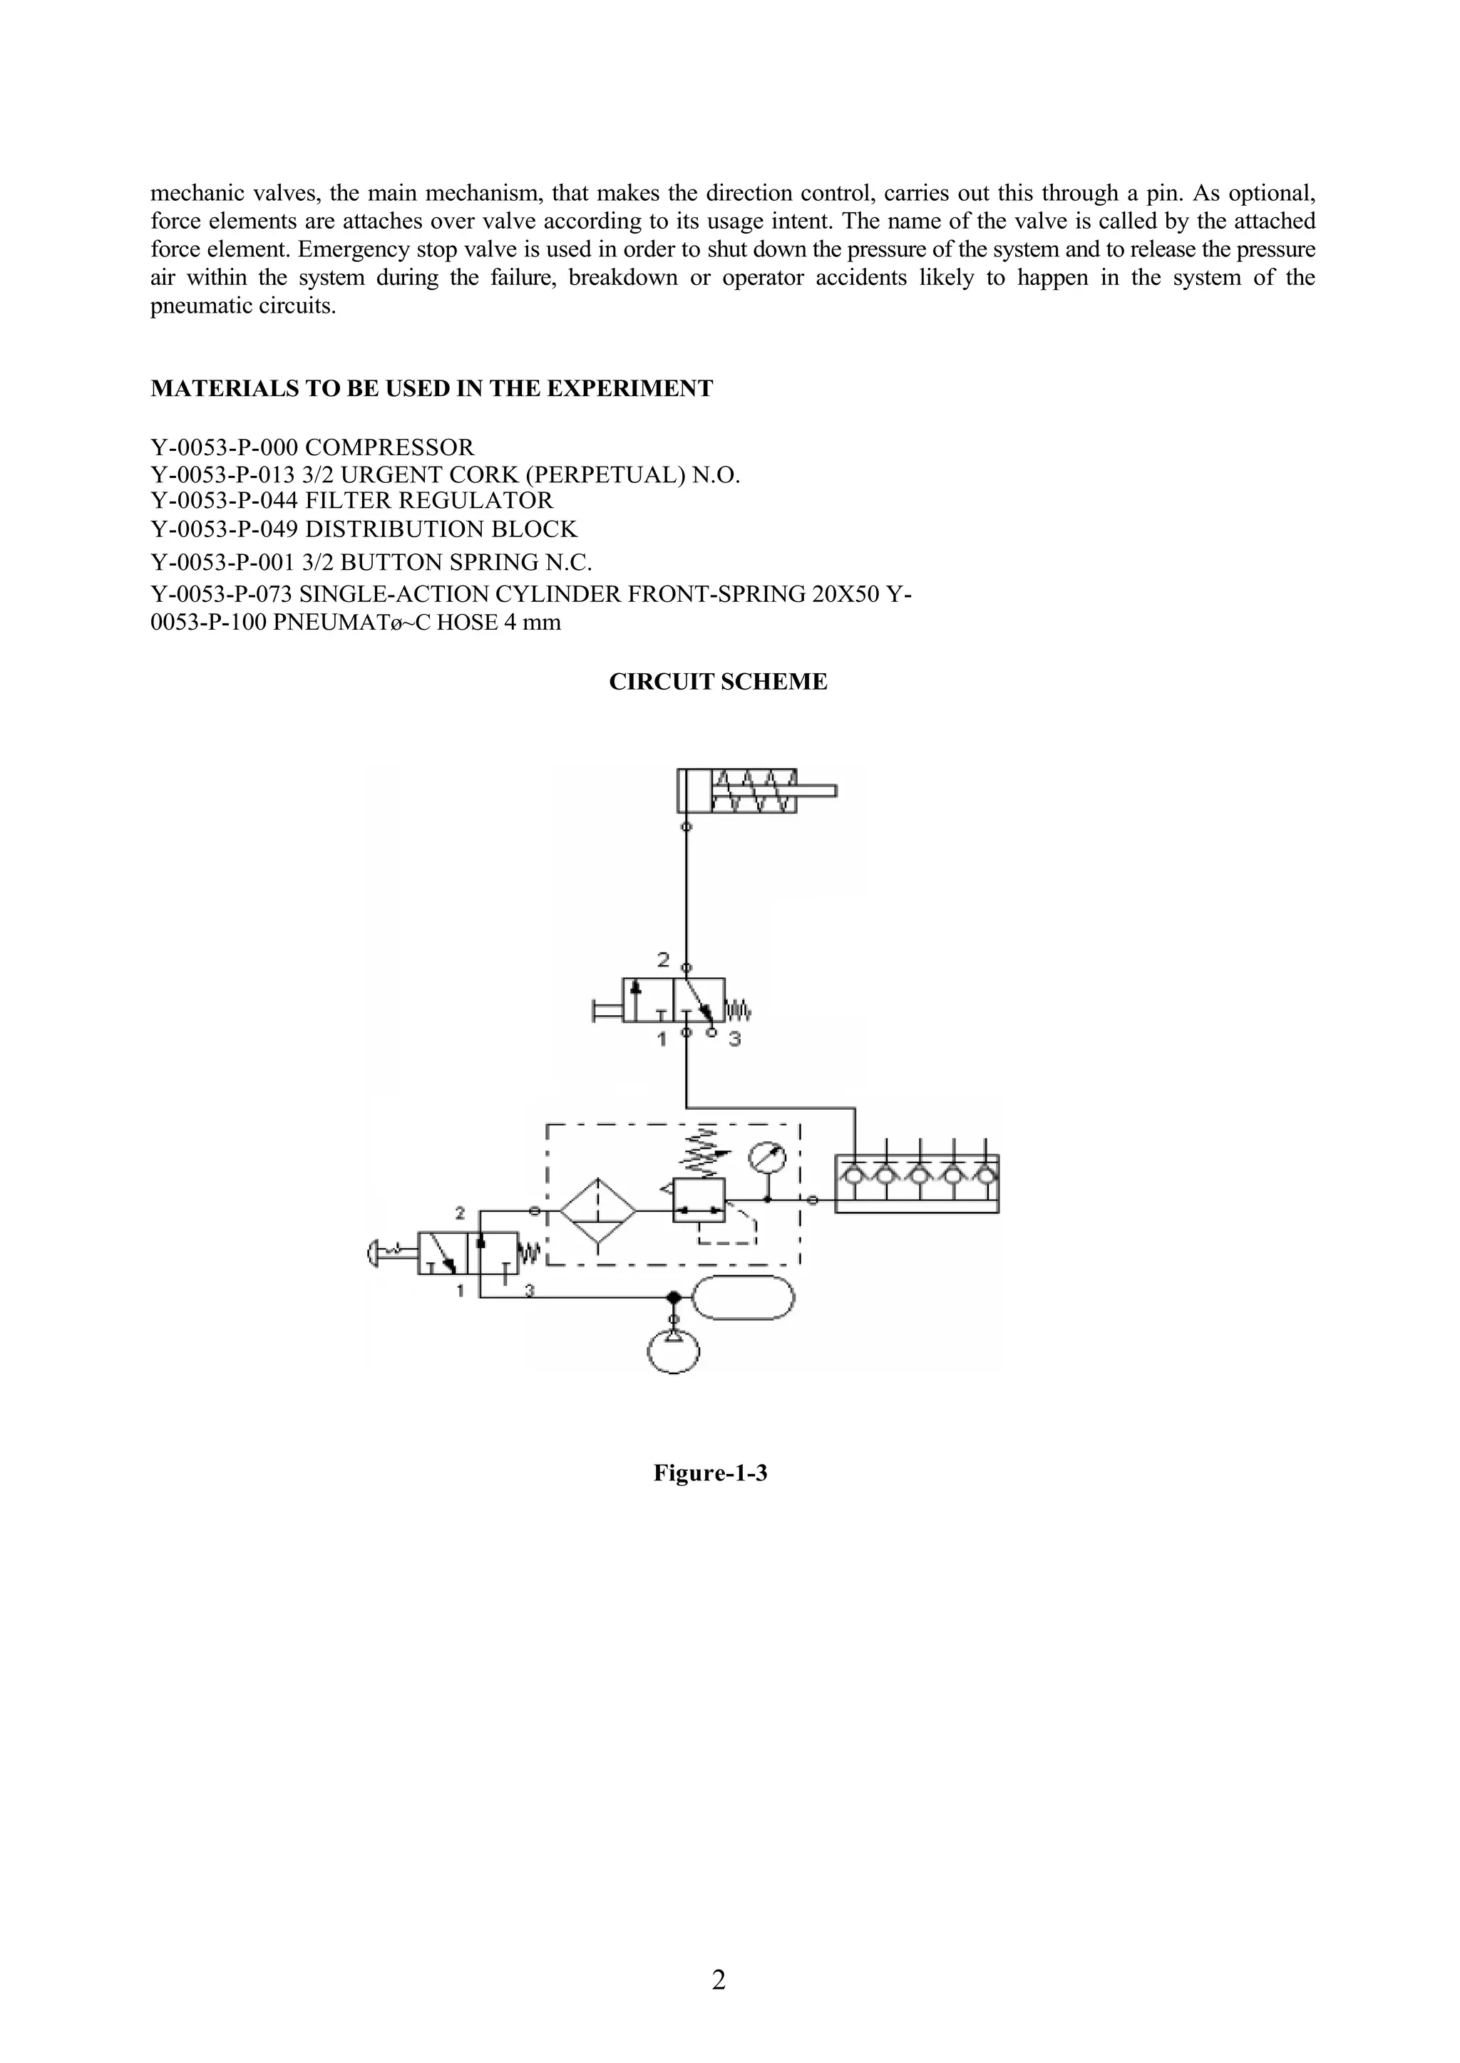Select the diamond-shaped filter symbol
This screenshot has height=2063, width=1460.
(598, 1210)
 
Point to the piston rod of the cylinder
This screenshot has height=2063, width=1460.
(816, 791)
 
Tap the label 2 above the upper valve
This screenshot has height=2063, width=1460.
(664, 960)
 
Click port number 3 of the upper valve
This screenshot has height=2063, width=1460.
(734, 1041)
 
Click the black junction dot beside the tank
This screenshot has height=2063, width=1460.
(672, 1297)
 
